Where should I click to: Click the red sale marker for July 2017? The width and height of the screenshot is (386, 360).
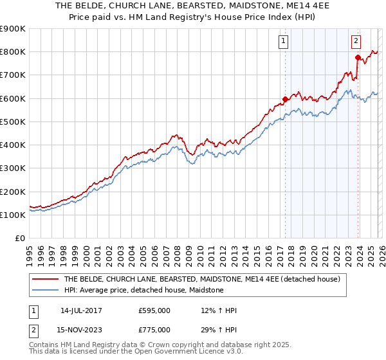[x=285, y=99]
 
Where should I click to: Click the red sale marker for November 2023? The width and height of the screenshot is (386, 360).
[x=358, y=57]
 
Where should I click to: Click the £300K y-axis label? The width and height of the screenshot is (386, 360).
[x=13, y=168]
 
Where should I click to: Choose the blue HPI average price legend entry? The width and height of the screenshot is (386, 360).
[x=143, y=291]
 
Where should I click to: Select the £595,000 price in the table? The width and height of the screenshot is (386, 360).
[x=154, y=310]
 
